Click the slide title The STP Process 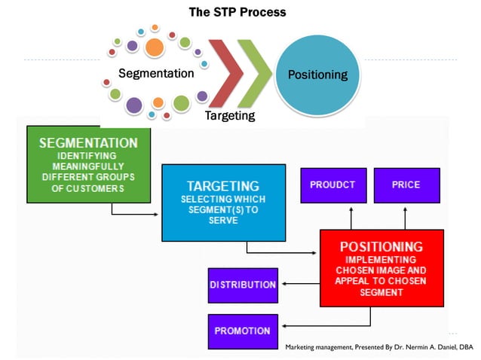237,12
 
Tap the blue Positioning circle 317,75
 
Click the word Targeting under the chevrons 230,115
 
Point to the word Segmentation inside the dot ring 156,74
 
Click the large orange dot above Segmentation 155,48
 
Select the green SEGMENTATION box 88,165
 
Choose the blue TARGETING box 224,202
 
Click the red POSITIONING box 381,267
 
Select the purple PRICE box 406,185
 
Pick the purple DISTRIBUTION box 243,285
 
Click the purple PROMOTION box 243,331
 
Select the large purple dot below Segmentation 134,105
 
